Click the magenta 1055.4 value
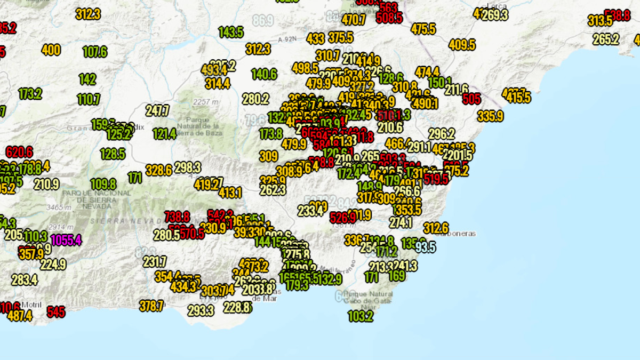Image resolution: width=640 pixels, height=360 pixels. point(67,240)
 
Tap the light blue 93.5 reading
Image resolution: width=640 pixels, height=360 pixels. point(425,247)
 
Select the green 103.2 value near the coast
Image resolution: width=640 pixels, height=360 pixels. point(361,316)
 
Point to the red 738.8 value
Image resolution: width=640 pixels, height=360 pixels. point(177,217)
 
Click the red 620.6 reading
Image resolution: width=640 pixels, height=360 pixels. point(20,152)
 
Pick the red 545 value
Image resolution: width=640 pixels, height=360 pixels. point(56,311)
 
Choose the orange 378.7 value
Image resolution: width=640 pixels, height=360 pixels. point(151,306)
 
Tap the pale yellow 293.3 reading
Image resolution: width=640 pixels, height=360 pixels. point(201,310)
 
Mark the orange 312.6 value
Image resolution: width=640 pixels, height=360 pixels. point(435,227)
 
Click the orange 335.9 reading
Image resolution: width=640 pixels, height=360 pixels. point(490,116)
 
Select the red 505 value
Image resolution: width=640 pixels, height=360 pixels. point(471,99)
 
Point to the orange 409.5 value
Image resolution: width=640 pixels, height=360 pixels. point(462,45)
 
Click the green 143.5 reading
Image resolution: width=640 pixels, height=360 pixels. point(231,32)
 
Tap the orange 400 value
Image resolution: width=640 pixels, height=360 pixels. point(51,50)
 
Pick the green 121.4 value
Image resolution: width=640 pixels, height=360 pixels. point(164,133)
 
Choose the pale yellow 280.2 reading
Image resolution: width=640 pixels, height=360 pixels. point(255,99)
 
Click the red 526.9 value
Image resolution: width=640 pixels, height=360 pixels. point(343,218)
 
